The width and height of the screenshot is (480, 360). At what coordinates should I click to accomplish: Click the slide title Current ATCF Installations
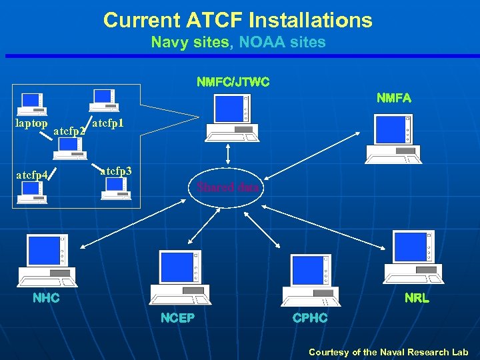point(238,20)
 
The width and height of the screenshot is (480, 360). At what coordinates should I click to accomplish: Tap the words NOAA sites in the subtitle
point(282,43)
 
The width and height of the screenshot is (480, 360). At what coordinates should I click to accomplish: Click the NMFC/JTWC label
point(233,83)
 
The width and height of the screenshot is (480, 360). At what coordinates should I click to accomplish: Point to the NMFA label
point(393,98)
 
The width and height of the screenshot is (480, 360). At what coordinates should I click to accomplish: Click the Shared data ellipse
point(228,187)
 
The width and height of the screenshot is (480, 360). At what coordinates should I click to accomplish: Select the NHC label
point(47,298)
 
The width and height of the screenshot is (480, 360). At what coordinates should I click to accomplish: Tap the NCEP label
point(177,318)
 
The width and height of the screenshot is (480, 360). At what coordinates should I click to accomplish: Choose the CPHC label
point(310,318)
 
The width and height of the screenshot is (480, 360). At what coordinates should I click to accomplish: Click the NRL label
point(417,298)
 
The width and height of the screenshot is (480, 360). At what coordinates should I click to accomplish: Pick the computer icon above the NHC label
point(45,259)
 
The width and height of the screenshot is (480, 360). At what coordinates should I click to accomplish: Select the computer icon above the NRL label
point(410,257)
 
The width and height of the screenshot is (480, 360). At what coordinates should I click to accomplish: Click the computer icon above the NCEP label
point(178,277)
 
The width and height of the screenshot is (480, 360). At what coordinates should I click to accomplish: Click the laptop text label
point(31,123)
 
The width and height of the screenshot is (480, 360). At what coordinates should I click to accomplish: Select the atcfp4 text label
point(31,175)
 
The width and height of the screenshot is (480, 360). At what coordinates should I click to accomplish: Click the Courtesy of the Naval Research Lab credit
point(388,352)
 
